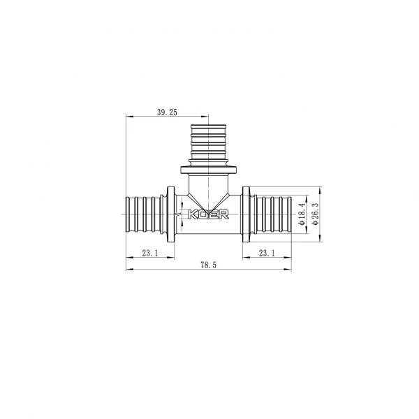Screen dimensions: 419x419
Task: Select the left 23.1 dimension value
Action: point(149,253)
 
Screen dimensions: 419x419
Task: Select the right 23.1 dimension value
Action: point(267,253)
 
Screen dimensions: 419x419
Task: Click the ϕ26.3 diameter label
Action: point(316,213)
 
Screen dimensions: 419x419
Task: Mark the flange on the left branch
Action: point(170,214)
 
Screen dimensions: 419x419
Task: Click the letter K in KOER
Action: point(191,214)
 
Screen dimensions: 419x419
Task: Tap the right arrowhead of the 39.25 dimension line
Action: point(206,116)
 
